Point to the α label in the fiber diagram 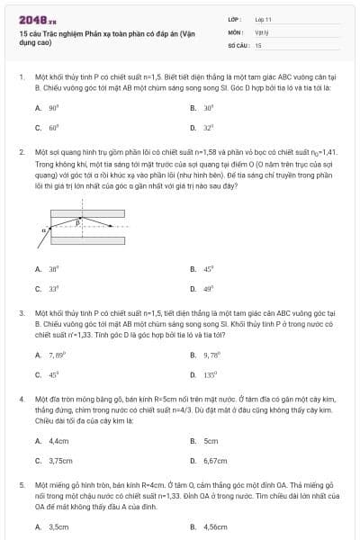[42, 229]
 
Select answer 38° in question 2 [52, 268]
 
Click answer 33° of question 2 [52, 288]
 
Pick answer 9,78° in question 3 [211, 355]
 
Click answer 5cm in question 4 [211, 441]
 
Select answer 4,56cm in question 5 [215, 527]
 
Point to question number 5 [21, 484]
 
